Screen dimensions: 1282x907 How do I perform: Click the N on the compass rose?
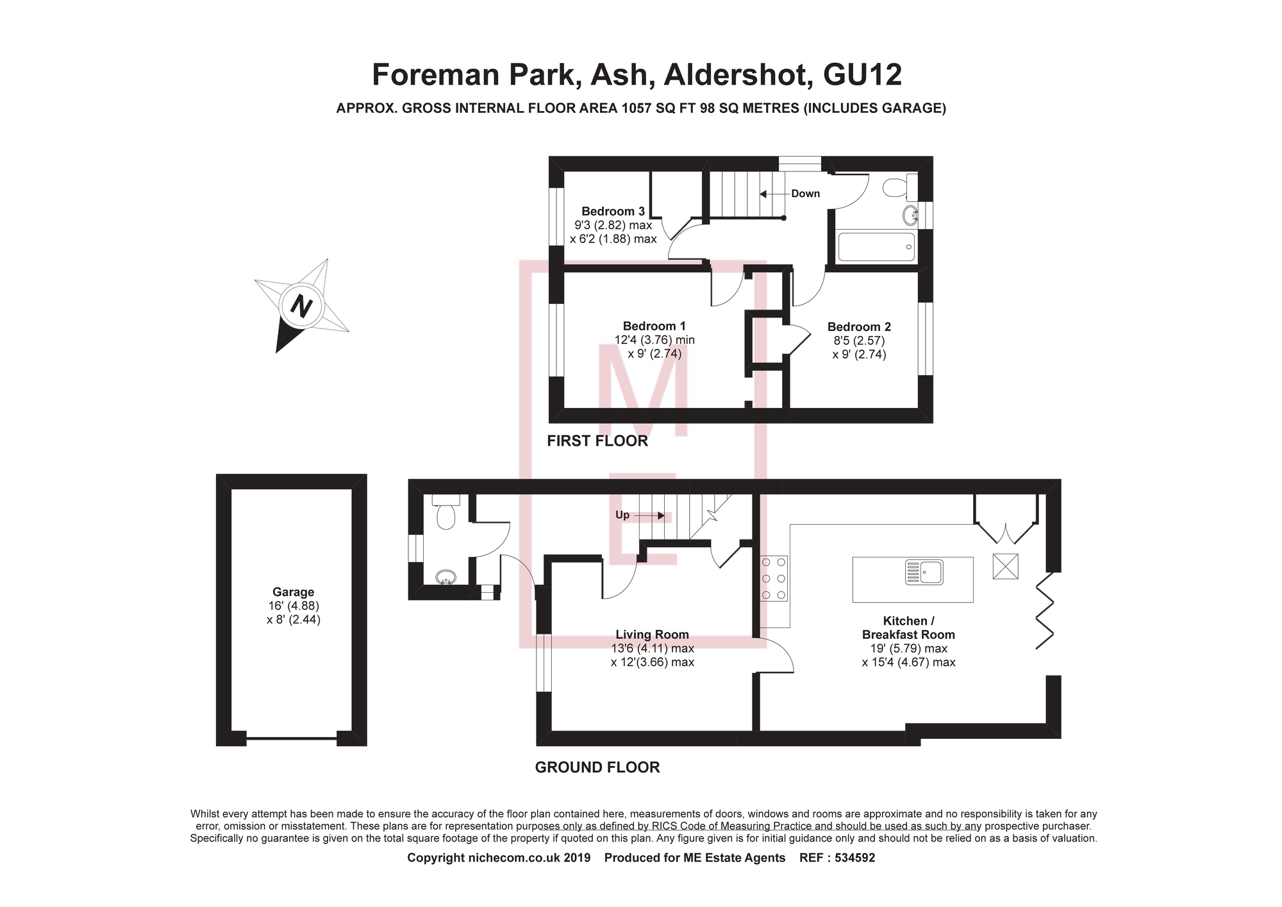tap(301, 305)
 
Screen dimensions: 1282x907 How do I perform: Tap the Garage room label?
tap(293, 592)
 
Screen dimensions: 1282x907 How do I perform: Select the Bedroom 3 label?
tap(613, 211)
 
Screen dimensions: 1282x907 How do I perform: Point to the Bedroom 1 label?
tap(654, 326)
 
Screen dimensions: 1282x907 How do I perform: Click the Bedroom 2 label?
tap(859, 326)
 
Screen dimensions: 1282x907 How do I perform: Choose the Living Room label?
tap(652, 634)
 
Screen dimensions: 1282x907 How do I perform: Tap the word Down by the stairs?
tap(805, 194)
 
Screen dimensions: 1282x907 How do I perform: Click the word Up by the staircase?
tap(622, 515)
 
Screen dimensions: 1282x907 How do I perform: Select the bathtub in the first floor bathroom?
tap(876, 247)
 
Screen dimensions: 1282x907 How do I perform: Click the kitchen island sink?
tap(924, 572)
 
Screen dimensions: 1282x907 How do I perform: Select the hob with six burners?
tap(774, 579)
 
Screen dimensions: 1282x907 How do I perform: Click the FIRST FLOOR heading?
tap(597, 441)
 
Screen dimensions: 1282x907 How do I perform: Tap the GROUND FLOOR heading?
tap(597, 767)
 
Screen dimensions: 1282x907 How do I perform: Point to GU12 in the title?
tap(862, 74)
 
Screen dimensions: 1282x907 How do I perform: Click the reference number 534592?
tap(854, 858)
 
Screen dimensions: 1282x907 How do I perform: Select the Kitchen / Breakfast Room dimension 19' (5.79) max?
tap(908, 648)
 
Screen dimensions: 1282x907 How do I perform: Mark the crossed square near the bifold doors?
tap(1005, 566)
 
